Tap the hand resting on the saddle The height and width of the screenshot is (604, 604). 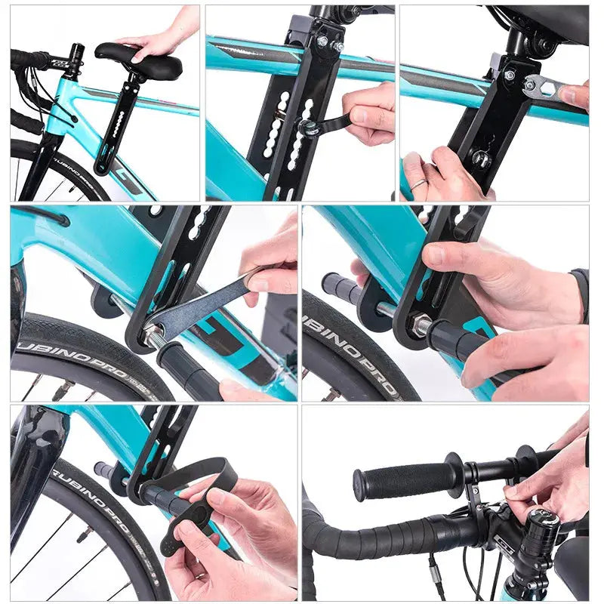[x=156, y=39]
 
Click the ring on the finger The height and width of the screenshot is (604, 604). [x=418, y=183]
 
